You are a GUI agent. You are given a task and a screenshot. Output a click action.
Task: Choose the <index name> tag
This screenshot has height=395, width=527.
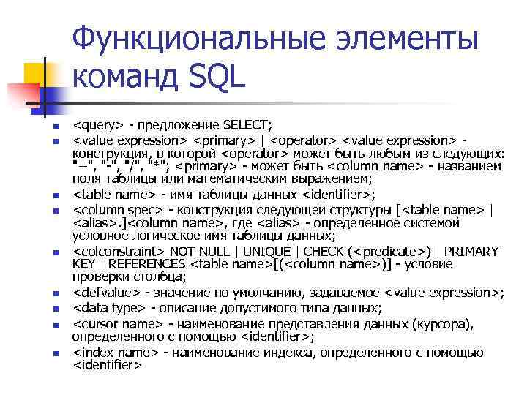click(x=115, y=353)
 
